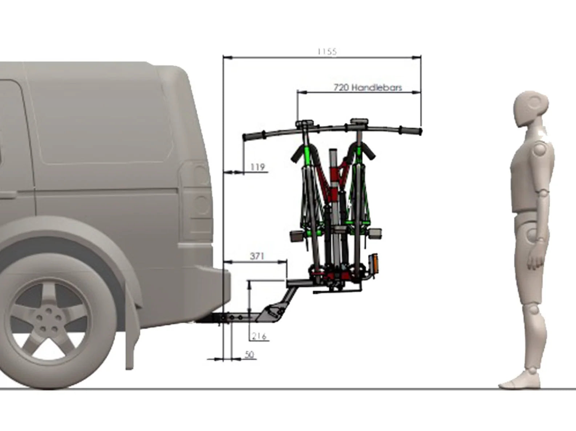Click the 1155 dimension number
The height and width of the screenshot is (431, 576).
click(327, 52)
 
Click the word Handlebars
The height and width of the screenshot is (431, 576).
click(377, 87)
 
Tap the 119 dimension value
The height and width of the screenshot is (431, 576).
click(258, 167)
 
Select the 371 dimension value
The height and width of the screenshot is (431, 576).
click(257, 256)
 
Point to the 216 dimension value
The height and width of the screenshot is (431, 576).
click(259, 336)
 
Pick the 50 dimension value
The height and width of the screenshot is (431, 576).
click(250, 354)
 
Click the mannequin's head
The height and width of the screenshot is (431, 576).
click(531, 109)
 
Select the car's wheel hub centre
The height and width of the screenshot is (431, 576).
click(48, 320)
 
